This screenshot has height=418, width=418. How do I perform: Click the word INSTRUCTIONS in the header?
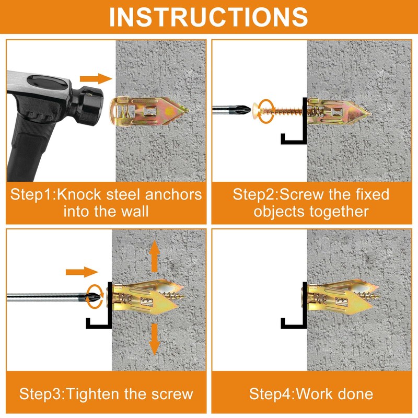click(x=208, y=17)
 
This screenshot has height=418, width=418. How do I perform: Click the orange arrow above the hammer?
click(x=96, y=79)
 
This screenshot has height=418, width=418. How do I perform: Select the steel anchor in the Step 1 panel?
click(x=149, y=111)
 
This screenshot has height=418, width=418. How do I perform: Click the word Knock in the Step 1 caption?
click(x=79, y=194)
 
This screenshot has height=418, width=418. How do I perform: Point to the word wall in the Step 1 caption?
click(x=135, y=212)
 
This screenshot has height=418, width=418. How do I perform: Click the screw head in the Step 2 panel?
click(x=256, y=110)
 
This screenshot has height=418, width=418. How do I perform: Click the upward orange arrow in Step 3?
click(x=154, y=256)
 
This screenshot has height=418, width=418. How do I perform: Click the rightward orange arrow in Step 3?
click(x=82, y=272)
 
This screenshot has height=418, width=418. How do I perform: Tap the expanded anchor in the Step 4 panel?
click(x=344, y=297)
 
